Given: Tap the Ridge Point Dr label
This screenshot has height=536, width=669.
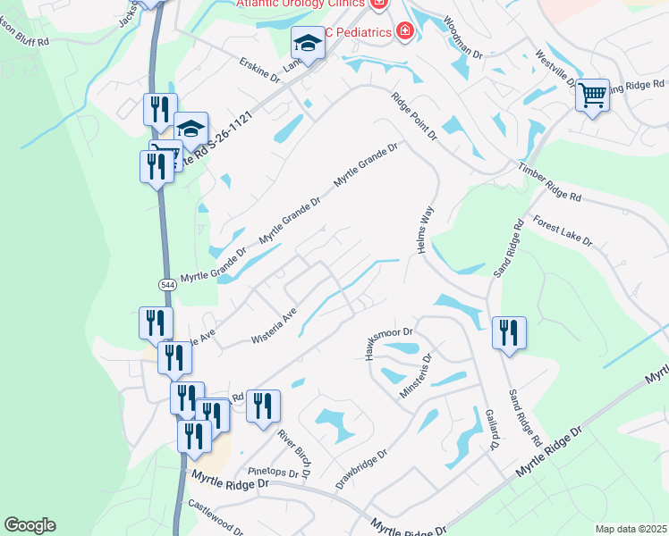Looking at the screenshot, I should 412,115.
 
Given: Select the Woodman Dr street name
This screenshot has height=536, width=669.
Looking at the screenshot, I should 462,37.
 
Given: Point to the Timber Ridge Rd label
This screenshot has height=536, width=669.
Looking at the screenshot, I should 549,182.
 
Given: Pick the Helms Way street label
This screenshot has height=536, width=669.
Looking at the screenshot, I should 425,230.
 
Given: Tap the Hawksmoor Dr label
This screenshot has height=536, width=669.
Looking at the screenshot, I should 387,343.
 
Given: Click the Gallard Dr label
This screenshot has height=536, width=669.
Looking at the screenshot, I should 491,429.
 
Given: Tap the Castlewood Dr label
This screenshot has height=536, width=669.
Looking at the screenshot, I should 216,517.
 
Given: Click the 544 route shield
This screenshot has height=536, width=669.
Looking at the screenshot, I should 167,284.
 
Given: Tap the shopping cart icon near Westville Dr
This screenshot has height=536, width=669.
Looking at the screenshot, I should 592,93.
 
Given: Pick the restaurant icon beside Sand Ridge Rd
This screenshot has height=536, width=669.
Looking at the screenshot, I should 509,332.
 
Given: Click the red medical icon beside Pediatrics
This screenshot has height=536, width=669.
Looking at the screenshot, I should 405,32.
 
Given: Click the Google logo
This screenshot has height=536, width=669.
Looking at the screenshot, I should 30,525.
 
